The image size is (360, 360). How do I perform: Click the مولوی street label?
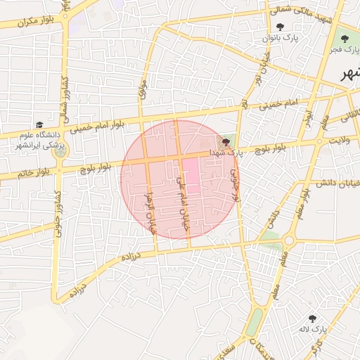[x=141, y=88]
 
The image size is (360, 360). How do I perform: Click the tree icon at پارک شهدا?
[x=225, y=142]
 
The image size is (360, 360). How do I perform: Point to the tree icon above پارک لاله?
[x=313, y=318]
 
